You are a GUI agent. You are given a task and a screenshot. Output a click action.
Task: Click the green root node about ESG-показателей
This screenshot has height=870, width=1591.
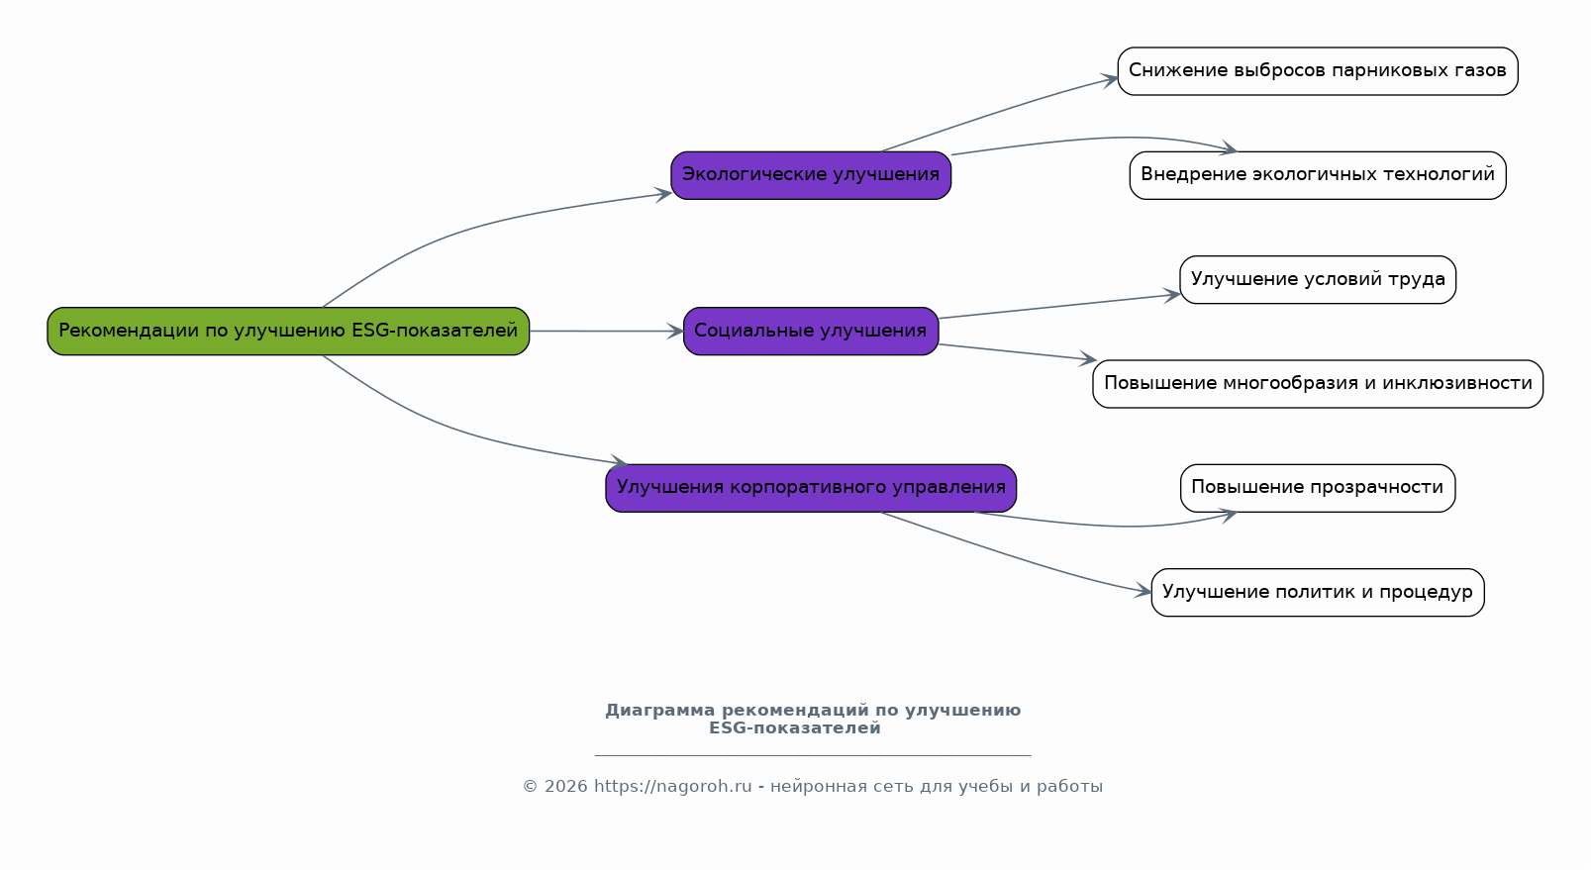(x=288, y=331)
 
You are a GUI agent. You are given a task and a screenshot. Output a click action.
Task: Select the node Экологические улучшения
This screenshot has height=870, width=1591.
(x=811, y=175)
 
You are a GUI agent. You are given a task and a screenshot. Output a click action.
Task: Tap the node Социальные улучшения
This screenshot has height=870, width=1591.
(x=811, y=331)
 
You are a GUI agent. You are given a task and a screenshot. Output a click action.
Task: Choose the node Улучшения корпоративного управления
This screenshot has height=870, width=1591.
(x=811, y=487)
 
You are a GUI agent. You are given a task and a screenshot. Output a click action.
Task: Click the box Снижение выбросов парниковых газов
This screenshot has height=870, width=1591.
(x=1317, y=71)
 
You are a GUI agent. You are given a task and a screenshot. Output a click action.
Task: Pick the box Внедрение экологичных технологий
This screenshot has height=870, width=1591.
(x=1317, y=175)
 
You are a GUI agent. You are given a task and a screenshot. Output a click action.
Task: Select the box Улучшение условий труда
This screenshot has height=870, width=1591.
(x=1317, y=279)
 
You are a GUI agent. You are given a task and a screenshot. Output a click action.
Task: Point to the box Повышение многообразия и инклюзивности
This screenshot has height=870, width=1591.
(x=1317, y=383)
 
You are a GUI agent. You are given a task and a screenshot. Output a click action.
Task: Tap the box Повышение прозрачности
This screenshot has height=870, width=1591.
(x=1317, y=487)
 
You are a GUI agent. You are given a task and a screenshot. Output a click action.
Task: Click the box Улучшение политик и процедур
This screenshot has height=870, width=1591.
(x=1317, y=592)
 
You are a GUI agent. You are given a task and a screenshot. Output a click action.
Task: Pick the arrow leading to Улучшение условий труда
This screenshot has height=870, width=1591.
(x=1059, y=307)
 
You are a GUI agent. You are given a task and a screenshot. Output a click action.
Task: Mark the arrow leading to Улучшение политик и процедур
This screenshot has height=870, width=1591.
(x=1020, y=559)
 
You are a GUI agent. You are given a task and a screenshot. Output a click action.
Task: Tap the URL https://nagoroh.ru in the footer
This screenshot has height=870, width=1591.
(x=672, y=787)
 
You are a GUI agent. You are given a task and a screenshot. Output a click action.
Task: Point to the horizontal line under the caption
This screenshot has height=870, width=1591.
(x=812, y=755)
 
